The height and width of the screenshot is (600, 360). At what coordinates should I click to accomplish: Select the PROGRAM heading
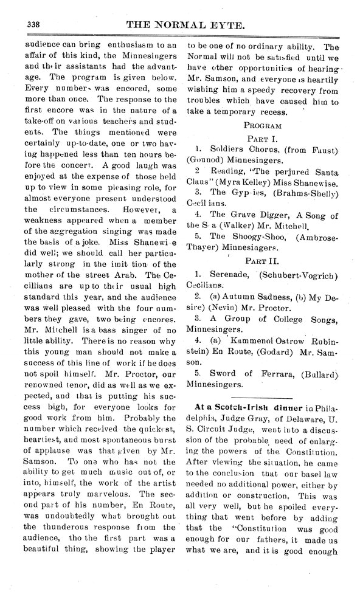(262, 126)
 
